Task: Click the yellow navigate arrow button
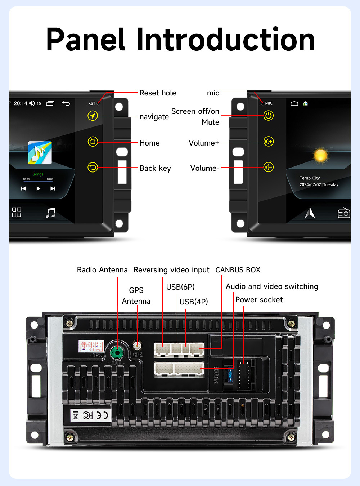click(x=93, y=116)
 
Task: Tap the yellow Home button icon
click(x=93, y=141)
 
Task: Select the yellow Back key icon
click(x=93, y=167)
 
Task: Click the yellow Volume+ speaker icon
click(x=269, y=141)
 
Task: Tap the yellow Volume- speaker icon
click(x=269, y=167)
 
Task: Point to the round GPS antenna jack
click(x=137, y=346)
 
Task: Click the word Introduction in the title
click(x=226, y=40)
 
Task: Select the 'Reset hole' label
click(x=158, y=93)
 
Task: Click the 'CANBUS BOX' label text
click(x=238, y=270)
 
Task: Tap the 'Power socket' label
click(x=259, y=300)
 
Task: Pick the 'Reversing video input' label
click(x=171, y=270)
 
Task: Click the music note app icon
click(x=40, y=153)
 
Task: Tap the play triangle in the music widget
click(x=38, y=188)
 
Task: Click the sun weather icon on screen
click(x=320, y=155)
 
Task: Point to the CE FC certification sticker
click(x=90, y=415)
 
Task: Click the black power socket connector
click(x=244, y=373)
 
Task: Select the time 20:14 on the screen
click(x=21, y=103)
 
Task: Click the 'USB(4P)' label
click(x=194, y=302)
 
